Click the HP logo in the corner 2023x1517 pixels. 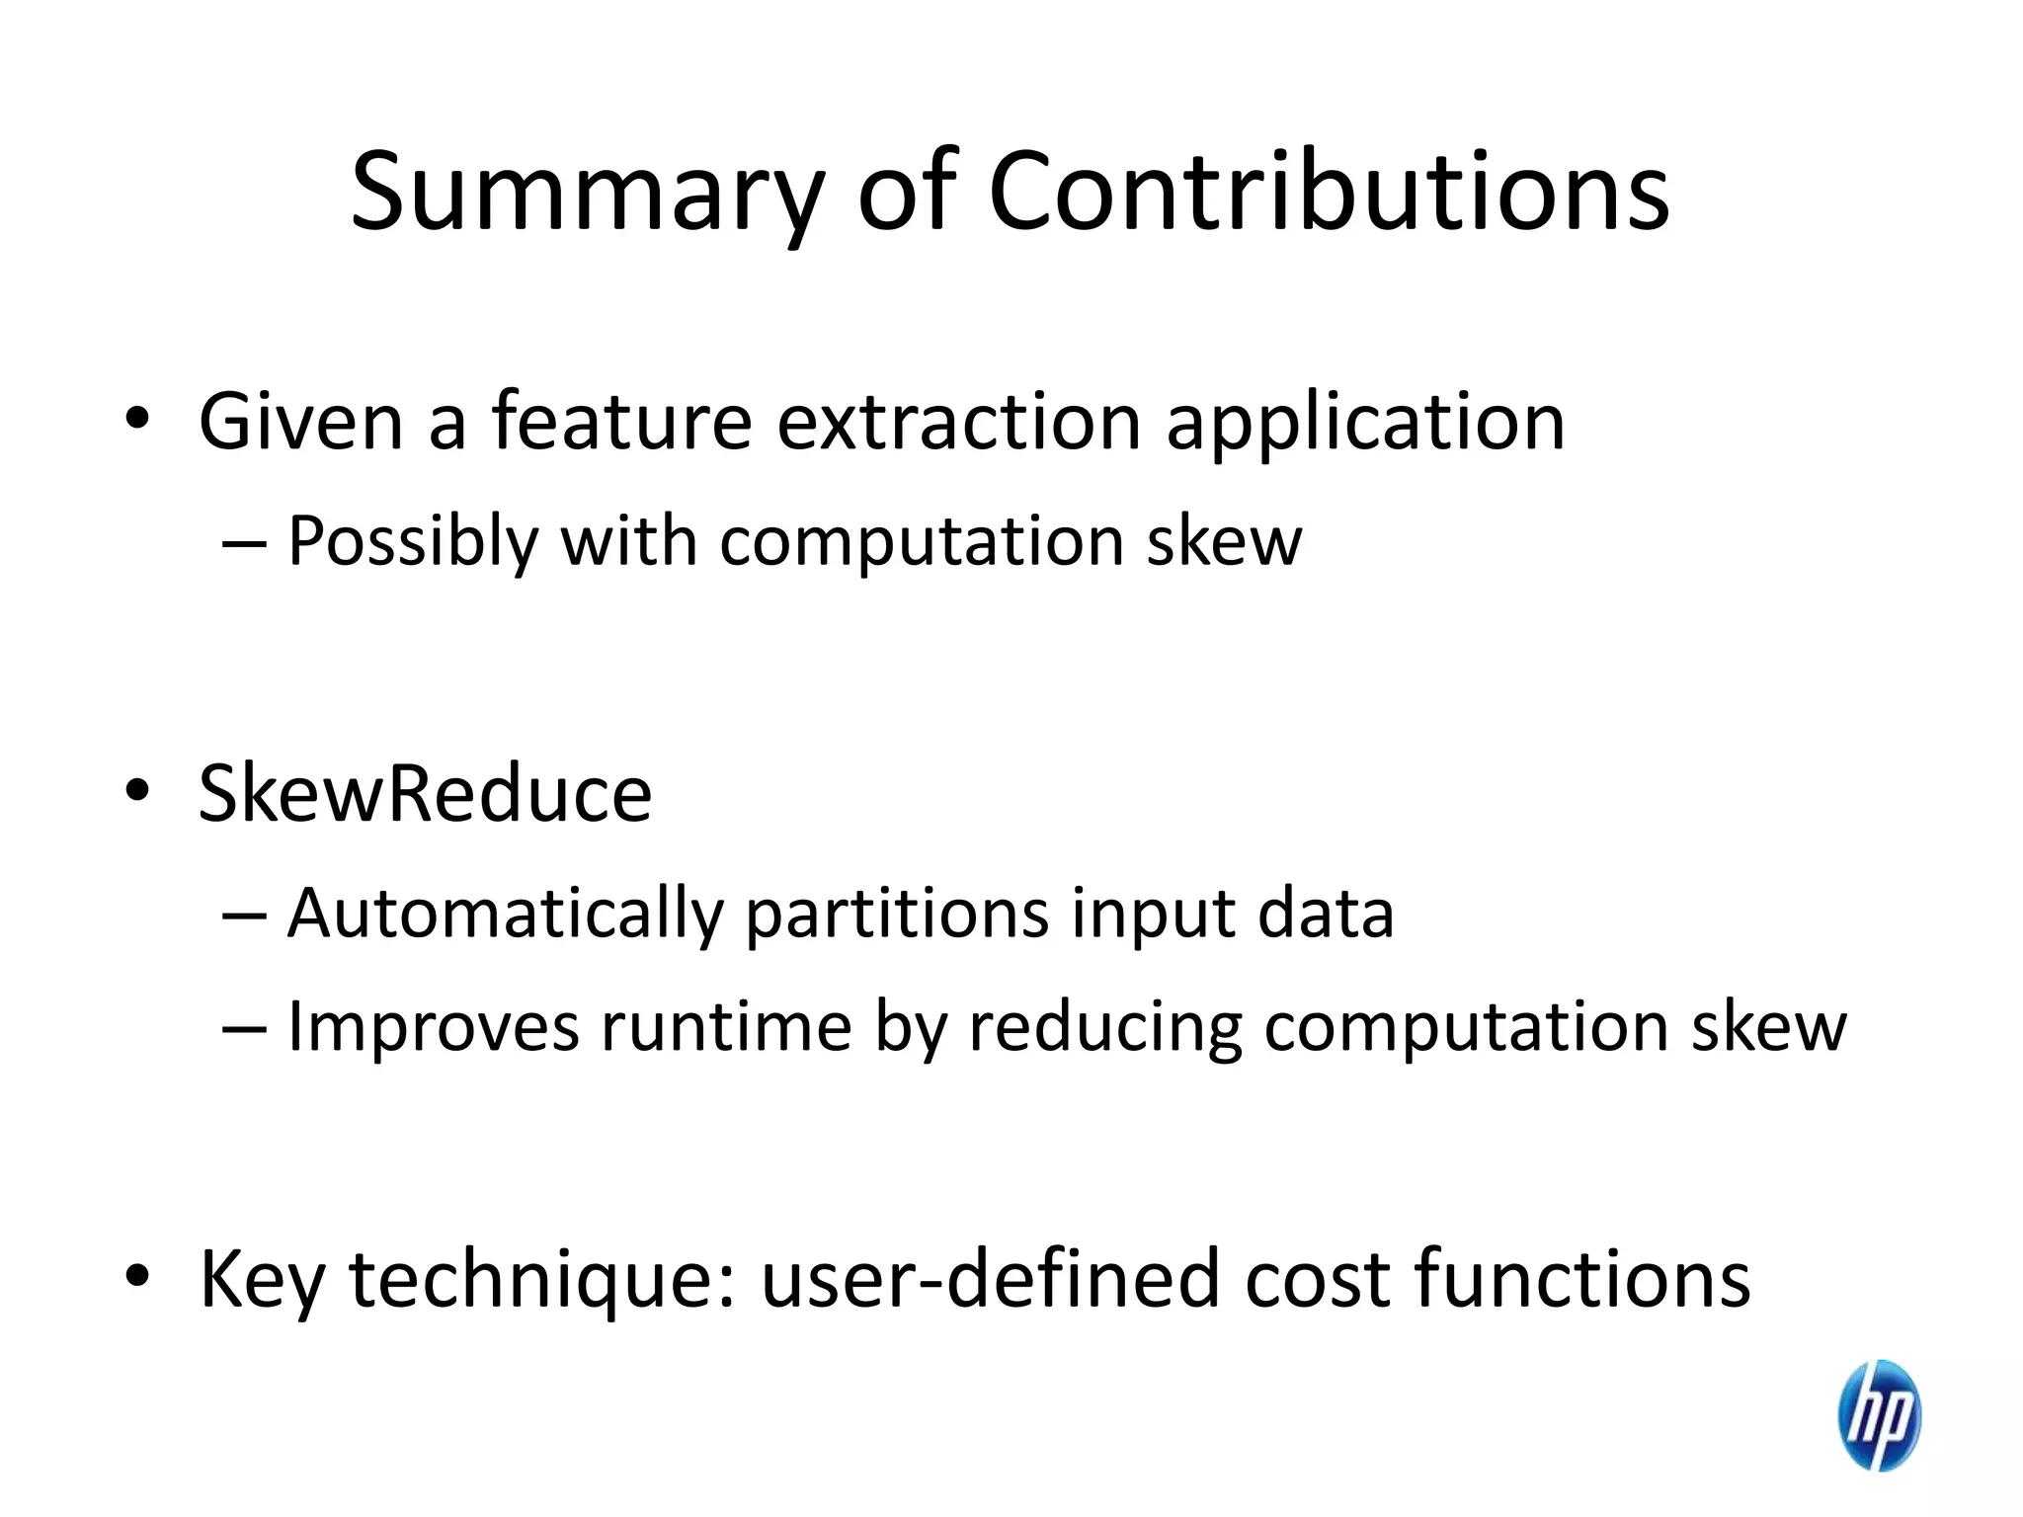[x=1879, y=1414]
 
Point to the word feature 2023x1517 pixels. [x=621, y=422]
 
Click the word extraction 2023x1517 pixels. [x=958, y=422]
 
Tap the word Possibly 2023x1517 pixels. [x=413, y=542]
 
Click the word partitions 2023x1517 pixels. [x=897, y=914]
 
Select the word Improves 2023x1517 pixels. [x=433, y=1027]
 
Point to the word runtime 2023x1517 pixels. [x=726, y=1027]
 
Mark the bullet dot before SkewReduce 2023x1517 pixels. [x=137, y=790]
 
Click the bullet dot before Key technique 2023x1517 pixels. [x=137, y=1276]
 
